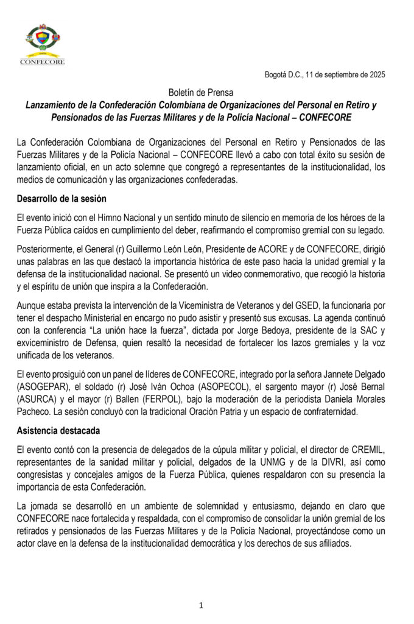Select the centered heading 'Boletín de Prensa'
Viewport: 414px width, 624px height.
click(x=201, y=92)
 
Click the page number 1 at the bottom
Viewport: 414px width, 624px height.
click(x=201, y=605)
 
